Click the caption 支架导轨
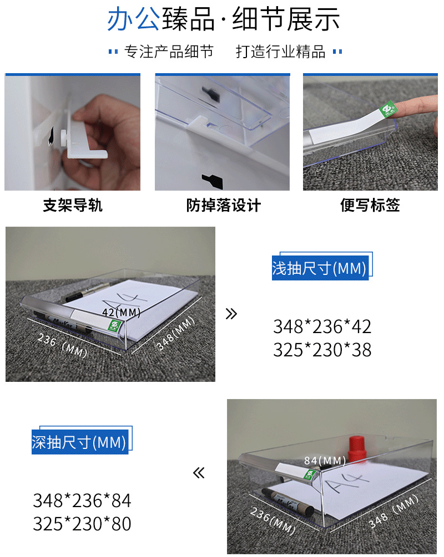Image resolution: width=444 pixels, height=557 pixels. point(73,206)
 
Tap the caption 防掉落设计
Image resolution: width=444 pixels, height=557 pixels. point(223,206)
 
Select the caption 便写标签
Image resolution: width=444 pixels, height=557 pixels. point(370,206)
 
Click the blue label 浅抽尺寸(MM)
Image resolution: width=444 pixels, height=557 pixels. point(320,268)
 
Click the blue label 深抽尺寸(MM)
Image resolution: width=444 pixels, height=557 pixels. point(79,442)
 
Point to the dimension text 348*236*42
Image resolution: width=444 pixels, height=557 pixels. point(322,326)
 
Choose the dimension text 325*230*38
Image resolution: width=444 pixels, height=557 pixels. point(322,350)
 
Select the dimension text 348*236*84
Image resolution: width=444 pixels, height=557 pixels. point(82,500)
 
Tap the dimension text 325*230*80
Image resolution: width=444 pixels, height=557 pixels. point(82,524)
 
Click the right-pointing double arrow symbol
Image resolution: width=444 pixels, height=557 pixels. point(231,314)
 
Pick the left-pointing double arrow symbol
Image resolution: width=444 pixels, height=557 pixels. point(199,473)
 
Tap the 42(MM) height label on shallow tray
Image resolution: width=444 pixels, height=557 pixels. point(121,313)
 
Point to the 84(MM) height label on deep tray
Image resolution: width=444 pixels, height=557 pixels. point(325,460)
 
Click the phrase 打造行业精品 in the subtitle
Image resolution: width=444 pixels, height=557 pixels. point(280,52)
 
